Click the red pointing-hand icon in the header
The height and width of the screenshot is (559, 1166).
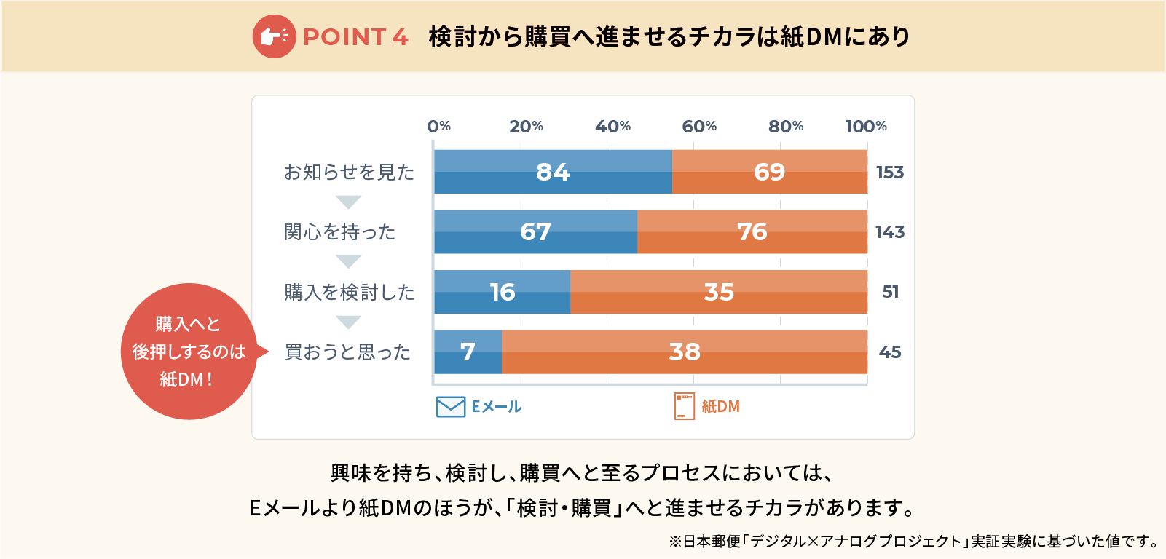click(x=274, y=36)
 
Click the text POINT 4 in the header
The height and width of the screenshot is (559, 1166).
click(x=355, y=37)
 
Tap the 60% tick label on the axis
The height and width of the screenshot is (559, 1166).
click(x=699, y=127)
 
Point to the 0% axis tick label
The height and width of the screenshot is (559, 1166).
click(x=439, y=127)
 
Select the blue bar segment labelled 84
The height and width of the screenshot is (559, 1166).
click(x=553, y=172)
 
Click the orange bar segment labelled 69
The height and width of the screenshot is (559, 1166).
click(x=769, y=172)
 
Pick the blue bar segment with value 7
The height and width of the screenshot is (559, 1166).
click(x=468, y=352)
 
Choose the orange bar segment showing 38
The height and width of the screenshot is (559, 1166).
click(x=685, y=352)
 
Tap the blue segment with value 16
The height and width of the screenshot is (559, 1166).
click(x=502, y=292)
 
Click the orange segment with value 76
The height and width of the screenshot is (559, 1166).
click(x=752, y=232)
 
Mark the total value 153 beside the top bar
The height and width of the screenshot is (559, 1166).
click(x=890, y=173)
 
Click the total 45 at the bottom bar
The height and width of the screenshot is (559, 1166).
click(x=890, y=352)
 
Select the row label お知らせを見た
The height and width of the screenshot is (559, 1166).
click(x=349, y=173)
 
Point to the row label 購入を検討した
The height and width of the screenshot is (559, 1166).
click(x=349, y=293)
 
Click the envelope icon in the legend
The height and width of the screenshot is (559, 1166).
click(x=451, y=407)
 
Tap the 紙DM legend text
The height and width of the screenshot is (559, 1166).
click(x=720, y=407)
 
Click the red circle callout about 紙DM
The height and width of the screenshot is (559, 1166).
click(x=189, y=352)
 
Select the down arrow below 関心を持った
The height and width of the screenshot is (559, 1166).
click(x=349, y=261)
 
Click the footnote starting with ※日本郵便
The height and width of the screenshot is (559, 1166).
click(x=913, y=542)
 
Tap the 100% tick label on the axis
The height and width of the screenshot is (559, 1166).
click(x=866, y=127)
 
